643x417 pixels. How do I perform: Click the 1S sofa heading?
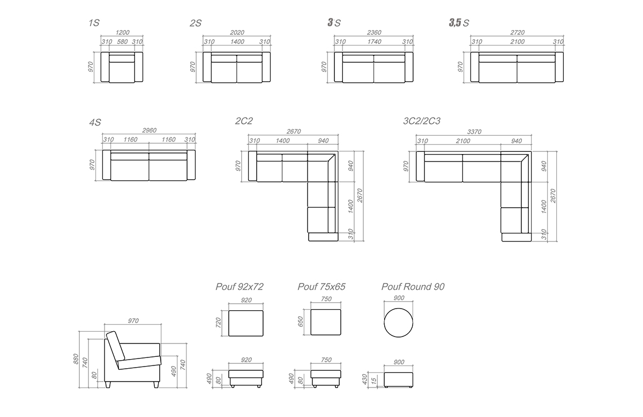pyautogui.click(x=94, y=23)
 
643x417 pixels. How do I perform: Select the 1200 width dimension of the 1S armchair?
pyautogui.click(x=123, y=33)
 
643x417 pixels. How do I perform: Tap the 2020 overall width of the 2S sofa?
pyautogui.click(x=237, y=33)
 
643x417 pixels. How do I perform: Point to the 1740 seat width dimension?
pyautogui.click(x=375, y=42)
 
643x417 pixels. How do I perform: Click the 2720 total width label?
pyautogui.click(x=517, y=33)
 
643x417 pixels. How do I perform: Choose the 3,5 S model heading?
pyautogui.click(x=459, y=23)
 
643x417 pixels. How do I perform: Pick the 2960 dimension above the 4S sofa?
pyautogui.click(x=149, y=130)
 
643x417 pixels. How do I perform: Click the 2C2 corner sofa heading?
pyautogui.click(x=244, y=121)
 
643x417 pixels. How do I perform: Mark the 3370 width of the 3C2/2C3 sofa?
pyautogui.click(x=474, y=131)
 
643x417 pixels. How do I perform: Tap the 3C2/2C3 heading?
pyautogui.click(x=422, y=121)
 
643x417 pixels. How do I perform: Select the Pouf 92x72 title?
pyautogui.click(x=240, y=287)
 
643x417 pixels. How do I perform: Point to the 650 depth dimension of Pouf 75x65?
pyautogui.click(x=300, y=322)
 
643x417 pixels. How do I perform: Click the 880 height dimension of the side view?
pyautogui.click(x=76, y=359)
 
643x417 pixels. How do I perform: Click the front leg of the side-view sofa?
pyautogui.click(x=156, y=385)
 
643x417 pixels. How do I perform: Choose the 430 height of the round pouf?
pyautogui.click(x=364, y=379)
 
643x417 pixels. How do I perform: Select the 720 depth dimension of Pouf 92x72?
pyautogui.click(x=218, y=323)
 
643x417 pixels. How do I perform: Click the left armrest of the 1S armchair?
pyautogui.click(x=105, y=67)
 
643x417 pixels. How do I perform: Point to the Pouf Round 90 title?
pyautogui.click(x=413, y=287)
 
